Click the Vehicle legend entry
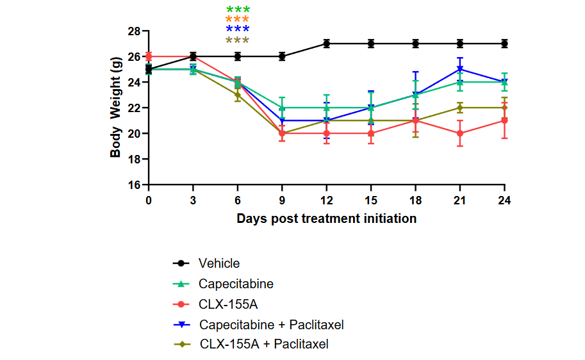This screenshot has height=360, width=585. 219,263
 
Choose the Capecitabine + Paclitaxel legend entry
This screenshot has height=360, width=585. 271,325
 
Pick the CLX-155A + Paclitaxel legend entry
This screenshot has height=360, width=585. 264,345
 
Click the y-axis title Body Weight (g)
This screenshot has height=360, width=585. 116,108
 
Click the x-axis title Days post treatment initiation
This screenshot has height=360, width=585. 326,218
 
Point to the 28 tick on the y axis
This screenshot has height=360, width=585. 134,31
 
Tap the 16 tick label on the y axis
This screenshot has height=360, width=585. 134,185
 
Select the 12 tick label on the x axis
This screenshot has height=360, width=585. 326,199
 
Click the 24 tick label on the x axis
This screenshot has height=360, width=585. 504,199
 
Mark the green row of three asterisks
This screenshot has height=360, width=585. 238,10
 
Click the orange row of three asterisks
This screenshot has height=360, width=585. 238,19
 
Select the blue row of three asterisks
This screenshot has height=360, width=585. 238,29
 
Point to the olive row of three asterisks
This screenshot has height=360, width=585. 238,40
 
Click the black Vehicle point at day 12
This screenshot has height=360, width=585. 327,44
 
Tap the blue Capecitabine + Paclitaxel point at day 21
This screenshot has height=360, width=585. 460,69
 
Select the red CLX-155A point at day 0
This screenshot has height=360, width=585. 149,56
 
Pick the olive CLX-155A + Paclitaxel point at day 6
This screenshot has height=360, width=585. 238,95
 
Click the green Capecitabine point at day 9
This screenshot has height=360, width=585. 282,108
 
